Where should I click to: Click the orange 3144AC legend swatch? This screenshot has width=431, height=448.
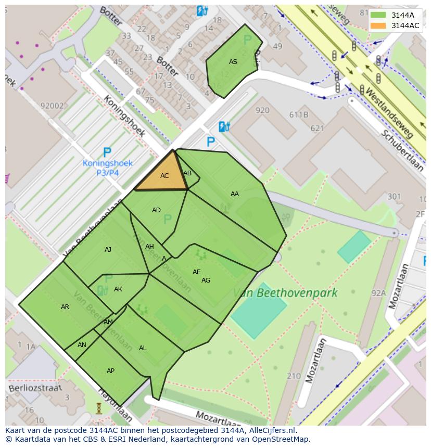point(378,25)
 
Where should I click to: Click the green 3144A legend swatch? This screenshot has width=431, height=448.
point(378,15)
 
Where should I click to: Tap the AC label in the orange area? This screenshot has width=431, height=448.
point(164,176)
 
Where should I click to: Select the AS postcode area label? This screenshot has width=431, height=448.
point(233,62)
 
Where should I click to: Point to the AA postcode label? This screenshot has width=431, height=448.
point(235,194)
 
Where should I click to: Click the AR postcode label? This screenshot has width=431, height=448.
point(65,307)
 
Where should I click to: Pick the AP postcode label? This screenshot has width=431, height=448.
point(110,371)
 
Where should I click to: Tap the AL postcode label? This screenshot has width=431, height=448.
point(143,348)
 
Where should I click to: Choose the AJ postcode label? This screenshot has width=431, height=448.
point(108,250)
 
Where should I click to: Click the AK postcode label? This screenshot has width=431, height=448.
point(118,289)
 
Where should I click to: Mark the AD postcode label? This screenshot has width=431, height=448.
point(156,210)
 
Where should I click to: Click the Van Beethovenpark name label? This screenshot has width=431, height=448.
point(285,293)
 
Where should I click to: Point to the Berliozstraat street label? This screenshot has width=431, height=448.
point(35,388)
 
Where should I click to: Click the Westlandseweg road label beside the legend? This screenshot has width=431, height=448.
point(390,112)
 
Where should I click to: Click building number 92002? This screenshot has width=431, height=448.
point(52,106)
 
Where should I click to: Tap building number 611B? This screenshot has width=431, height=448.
point(299,115)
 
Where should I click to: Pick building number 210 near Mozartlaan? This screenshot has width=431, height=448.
point(294,376)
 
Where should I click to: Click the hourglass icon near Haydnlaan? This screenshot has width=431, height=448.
point(99,408)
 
